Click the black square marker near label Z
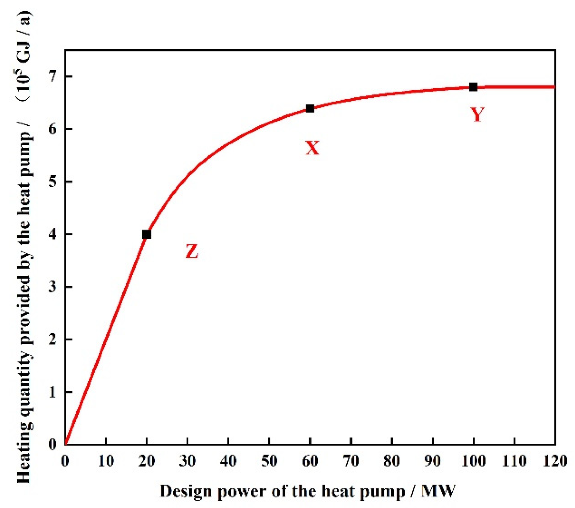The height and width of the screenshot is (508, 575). point(146,234)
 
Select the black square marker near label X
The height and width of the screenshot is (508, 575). point(310,108)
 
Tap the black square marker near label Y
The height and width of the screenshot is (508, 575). point(473,87)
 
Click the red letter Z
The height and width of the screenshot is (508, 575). point(192,251)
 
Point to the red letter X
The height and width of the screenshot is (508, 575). point(312,148)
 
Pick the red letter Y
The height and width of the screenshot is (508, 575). point(477,115)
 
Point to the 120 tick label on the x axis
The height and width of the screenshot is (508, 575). point(555,461)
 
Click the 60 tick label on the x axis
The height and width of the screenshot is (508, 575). point(310,461)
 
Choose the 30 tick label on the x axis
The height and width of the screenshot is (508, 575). point(187,461)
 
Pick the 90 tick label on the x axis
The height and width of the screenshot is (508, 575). point(432,461)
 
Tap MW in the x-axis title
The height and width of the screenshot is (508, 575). point(438,491)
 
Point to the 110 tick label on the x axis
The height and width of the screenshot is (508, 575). point(514,461)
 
